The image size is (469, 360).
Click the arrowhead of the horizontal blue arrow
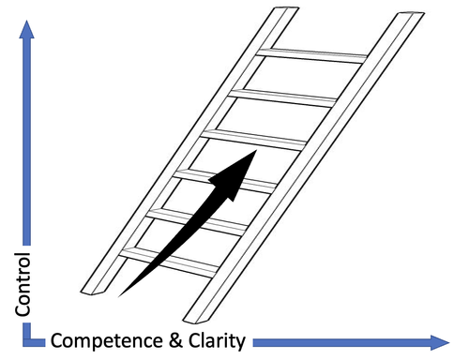pos(438,340)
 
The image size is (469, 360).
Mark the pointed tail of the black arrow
pos(119,294)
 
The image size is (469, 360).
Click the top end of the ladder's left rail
pos(279,12)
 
